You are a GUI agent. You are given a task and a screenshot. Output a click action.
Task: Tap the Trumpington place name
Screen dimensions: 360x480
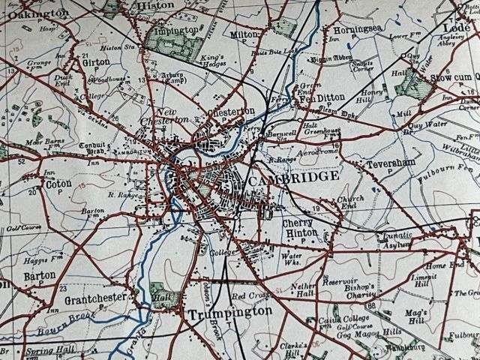229,310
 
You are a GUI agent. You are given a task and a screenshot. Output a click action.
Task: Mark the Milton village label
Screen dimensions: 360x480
244,34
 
